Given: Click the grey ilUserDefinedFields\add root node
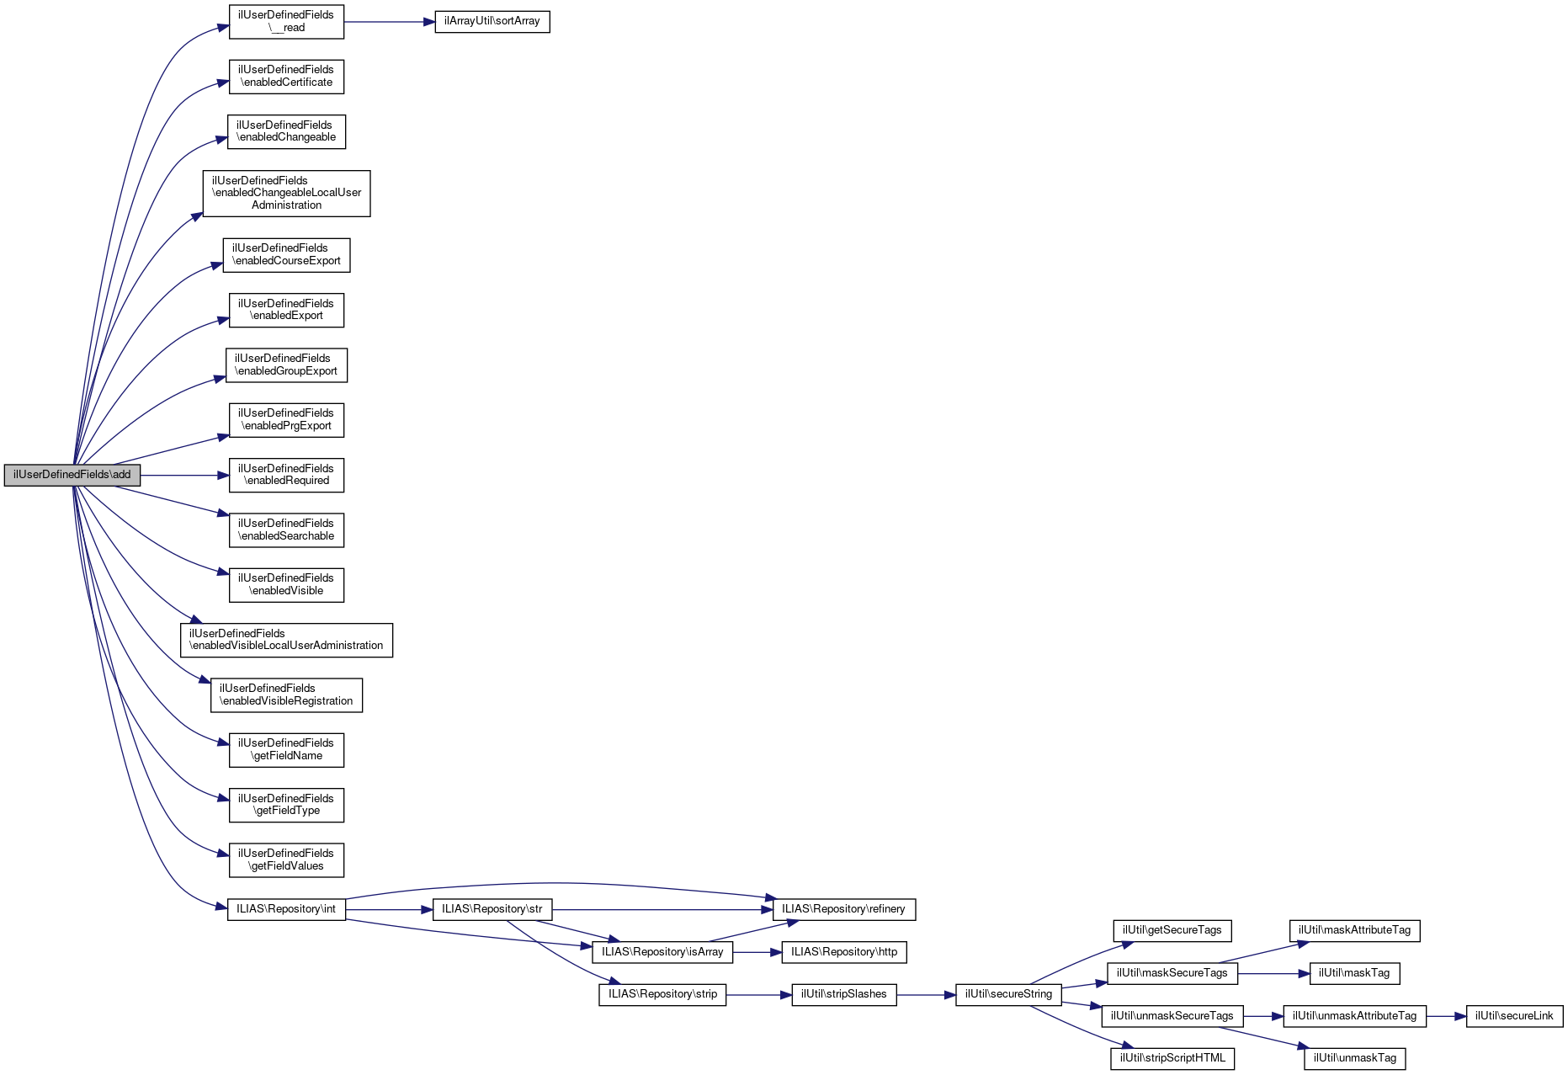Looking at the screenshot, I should pos(72,475).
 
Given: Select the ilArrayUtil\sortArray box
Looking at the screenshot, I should pos(492,21).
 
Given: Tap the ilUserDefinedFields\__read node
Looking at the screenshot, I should pos(286,21).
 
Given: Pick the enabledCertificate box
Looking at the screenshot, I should pos(286,76).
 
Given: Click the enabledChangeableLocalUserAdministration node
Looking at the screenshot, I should pos(286,193).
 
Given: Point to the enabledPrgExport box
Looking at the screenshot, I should pos(286,419).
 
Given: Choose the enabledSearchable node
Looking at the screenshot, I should pos(286,530).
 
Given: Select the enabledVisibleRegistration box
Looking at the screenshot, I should pos(286,694).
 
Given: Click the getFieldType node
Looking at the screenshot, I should pos(286,805).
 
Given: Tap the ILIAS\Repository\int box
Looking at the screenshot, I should pos(286,909).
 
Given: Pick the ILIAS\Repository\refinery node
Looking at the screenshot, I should pos(843,909).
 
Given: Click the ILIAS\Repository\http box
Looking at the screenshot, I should pos(844,952).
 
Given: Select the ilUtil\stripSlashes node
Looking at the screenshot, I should pos(843,994).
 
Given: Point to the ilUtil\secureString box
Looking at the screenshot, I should pos(1008,994).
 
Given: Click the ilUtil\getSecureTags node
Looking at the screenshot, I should pos(1172,930).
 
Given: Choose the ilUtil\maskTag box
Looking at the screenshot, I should pos(1354,973).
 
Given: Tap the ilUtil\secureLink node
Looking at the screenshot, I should pos(1514,1016).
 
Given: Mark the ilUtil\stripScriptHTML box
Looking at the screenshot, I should pos(1172,1058).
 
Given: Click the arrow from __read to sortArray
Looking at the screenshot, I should pos(389,21).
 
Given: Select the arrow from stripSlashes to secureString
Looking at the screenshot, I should pos(926,995).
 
